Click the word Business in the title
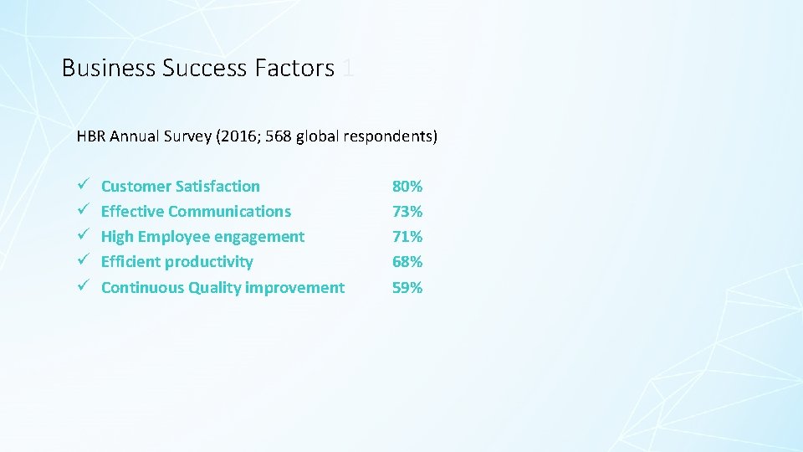point(109,68)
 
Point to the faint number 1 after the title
point(348,68)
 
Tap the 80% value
point(407,186)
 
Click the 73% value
point(407,211)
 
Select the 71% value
point(407,236)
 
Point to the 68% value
point(407,261)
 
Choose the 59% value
point(407,287)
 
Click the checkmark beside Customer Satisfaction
point(82,186)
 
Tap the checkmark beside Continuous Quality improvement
point(82,287)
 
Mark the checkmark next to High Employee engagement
point(82,236)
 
